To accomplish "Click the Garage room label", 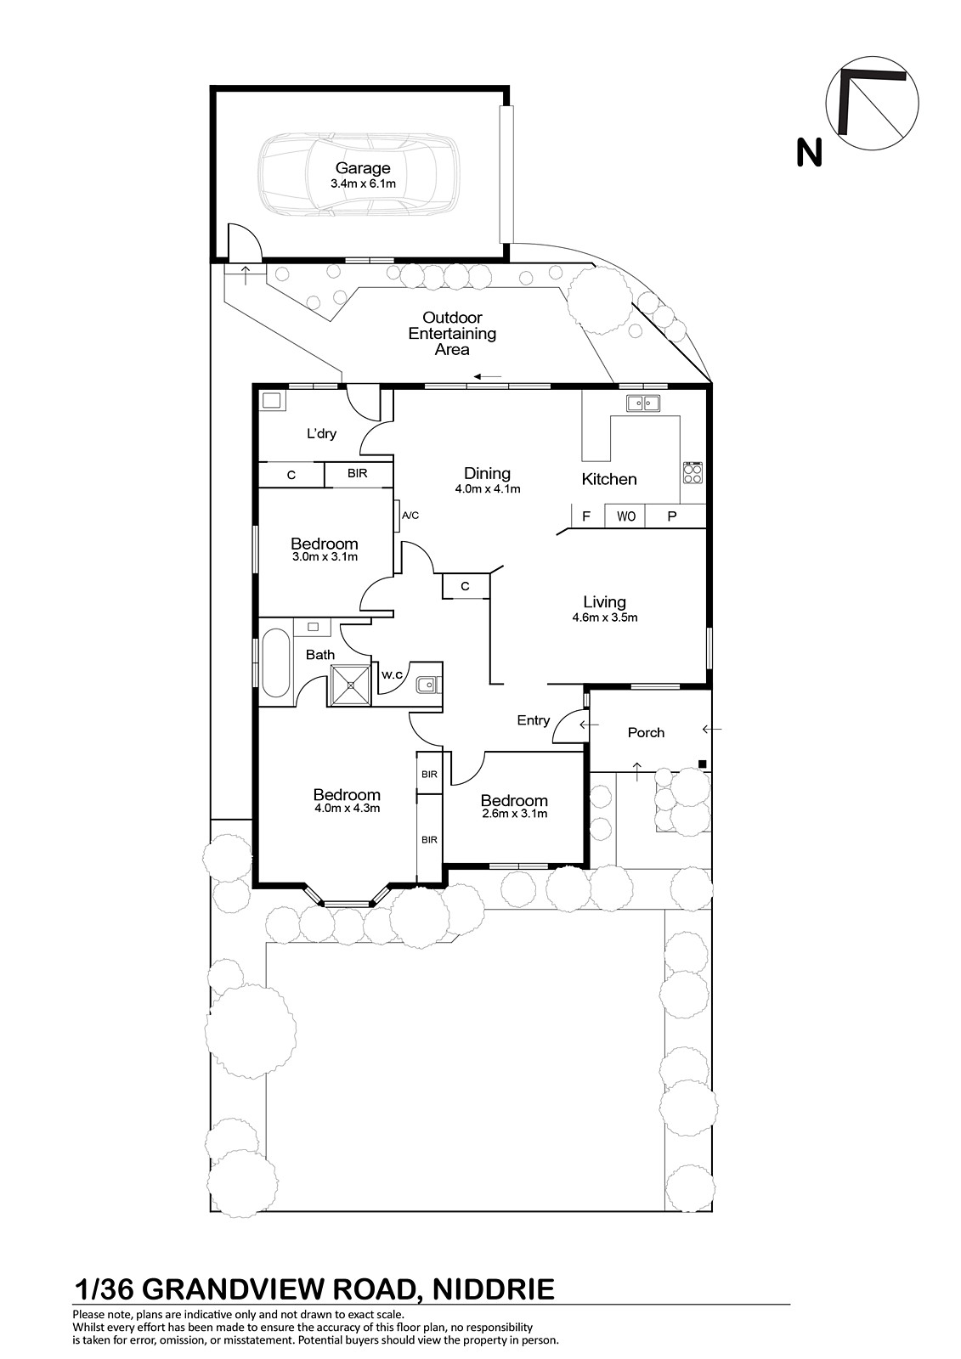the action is (x=363, y=168).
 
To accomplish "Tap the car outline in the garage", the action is (x=359, y=174).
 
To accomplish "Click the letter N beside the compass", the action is (x=809, y=152).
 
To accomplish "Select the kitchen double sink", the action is (x=643, y=403).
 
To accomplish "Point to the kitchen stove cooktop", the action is (x=692, y=472).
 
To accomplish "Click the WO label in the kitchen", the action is (x=626, y=516).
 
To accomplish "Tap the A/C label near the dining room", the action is (x=410, y=516).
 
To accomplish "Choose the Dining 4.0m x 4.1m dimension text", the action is (x=488, y=489).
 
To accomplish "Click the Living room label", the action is (x=605, y=602).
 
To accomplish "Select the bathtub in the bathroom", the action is (x=275, y=663).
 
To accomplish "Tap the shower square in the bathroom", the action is (x=350, y=685).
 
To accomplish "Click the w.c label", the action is (x=393, y=674).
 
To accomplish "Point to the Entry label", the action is (x=534, y=721).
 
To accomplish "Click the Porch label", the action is (x=646, y=732).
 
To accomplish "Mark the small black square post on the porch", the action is (x=703, y=764).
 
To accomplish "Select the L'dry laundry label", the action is (x=322, y=434).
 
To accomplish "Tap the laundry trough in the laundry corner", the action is (x=271, y=400).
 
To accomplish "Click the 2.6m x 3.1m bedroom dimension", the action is (x=515, y=814).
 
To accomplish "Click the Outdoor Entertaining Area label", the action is (x=452, y=333).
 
